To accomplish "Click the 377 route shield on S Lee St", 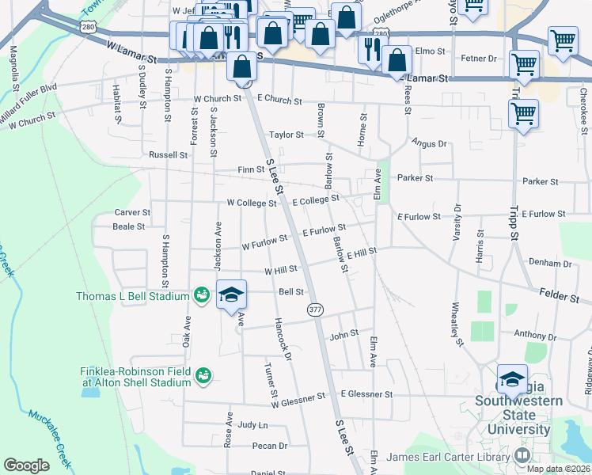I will click(316, 309).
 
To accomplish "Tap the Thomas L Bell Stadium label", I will click(132, 297).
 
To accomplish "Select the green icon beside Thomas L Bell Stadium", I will click(202, 296).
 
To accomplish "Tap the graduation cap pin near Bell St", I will click(230, 294).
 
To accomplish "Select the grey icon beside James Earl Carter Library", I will click(522, 455).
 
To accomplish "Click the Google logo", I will click(26, 465).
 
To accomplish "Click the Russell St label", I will click(167, 155).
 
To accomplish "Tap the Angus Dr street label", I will click(429, 143).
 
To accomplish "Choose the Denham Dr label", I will click(549, 262).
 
